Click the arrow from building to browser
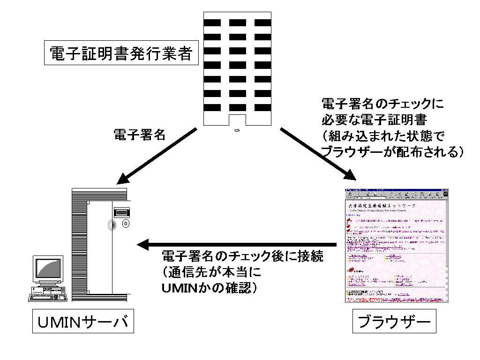point(319,153)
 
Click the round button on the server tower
point(126,225)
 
